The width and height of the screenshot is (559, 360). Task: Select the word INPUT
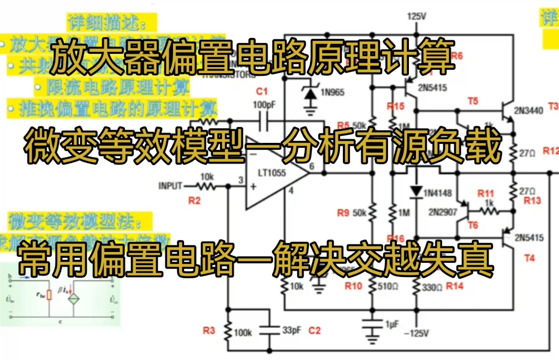point(170,186)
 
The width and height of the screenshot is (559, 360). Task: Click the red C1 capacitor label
point(262,91)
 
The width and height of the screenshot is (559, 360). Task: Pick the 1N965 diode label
point(332,92)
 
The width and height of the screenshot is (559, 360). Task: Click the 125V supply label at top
point(416,16)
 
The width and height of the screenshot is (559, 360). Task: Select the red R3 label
point(209,330)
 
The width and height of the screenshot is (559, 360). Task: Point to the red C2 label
point(314,330)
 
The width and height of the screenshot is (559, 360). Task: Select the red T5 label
point(473,100)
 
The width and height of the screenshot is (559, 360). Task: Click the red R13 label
point(532,201)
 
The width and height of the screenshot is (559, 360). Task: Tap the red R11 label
point(486,194)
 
